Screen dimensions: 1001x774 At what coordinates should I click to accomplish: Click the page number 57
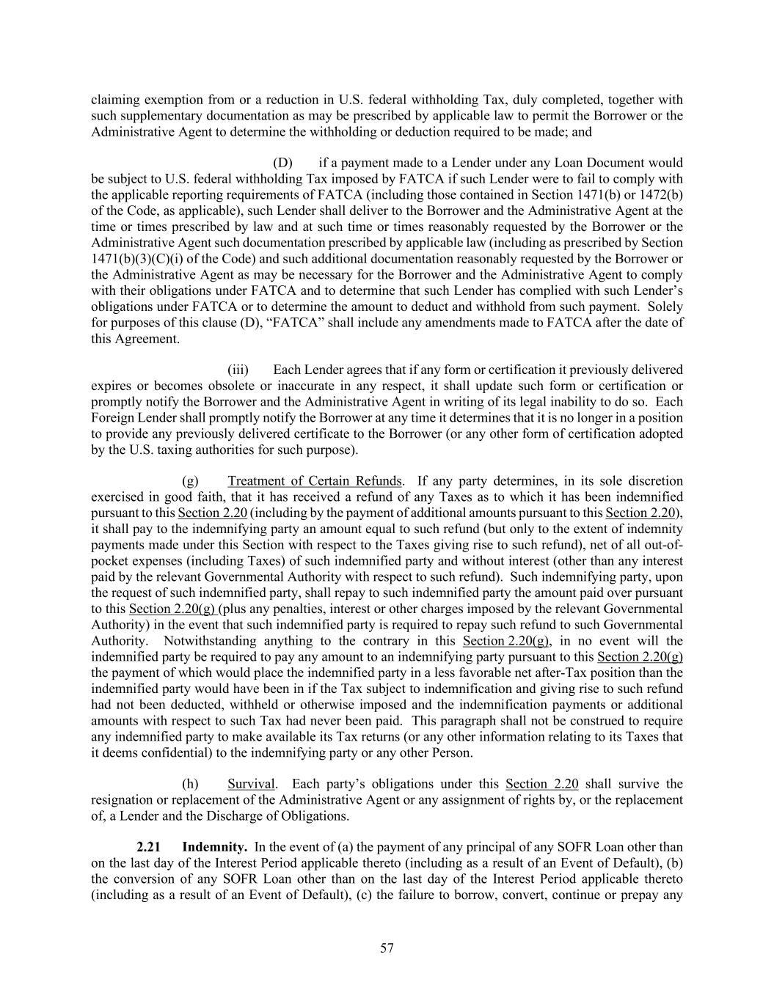387,948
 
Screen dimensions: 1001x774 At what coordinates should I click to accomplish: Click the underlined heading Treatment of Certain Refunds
315,481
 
